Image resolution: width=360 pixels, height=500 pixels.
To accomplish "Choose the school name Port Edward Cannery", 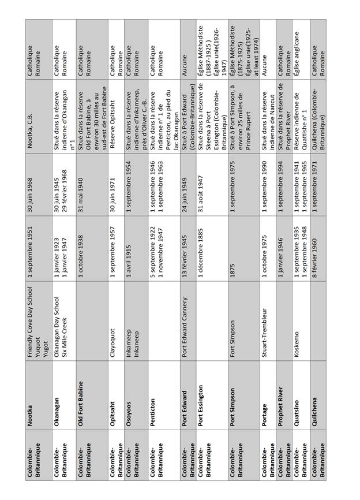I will pos(185,319).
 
